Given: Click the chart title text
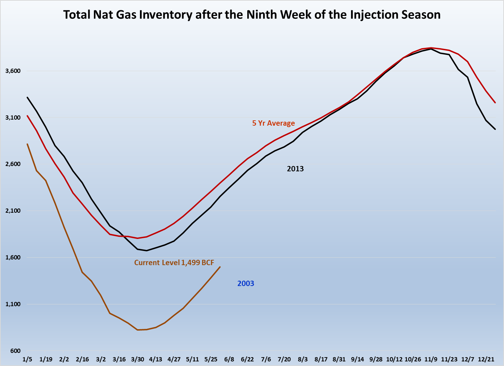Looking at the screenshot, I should click(252, 15).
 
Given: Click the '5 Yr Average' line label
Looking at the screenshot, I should click(273, 123).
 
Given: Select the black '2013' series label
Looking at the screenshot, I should click(295, 169).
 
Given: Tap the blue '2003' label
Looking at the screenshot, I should click(245, 284).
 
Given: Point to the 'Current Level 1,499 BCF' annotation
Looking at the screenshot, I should click(174, 263).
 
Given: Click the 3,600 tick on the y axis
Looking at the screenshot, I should click(13, 71).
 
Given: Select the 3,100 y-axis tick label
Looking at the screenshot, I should click(13, 118).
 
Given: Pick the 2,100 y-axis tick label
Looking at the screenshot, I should click(13, 211).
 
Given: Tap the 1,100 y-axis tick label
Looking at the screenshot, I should click(13, 304).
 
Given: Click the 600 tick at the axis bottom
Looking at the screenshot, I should click(16, 351).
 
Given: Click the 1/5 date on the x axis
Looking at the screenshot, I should click(27, 359).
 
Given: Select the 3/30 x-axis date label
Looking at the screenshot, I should click(137, 359).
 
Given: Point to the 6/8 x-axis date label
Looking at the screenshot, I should click(229, 359).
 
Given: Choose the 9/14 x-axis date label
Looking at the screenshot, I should click(357, 359).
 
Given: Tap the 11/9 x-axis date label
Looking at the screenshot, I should click(431, 359).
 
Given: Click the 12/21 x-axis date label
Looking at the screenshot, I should click(486, 359).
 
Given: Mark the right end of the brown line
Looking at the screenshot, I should click(220, 267).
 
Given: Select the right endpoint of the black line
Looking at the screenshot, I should click(495, 129).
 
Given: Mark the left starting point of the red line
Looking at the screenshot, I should click(27, 116).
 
